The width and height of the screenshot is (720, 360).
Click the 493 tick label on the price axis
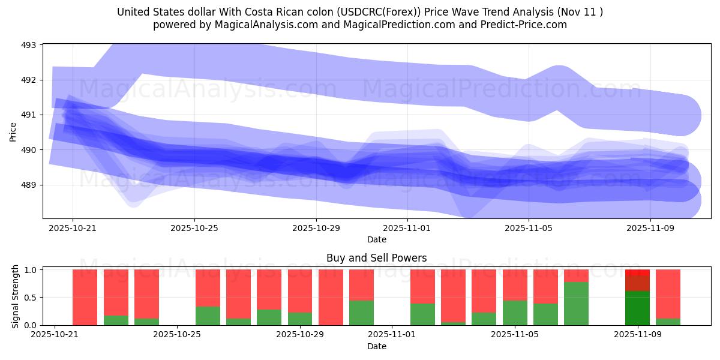[x=28, y=45]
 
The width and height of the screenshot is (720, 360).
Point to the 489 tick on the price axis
[x=28, y=185]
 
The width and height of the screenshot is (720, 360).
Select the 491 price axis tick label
[x=28, y=115]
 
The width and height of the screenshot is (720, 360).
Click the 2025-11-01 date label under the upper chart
[x=407, y=228]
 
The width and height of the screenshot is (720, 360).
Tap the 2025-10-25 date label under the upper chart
[x=194, y=228]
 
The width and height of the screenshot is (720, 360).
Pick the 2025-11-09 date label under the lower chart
[x=637, y=335]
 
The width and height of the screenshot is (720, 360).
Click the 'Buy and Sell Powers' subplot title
[x=376, y=258]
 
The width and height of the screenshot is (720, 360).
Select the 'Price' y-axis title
[x=13, y=131]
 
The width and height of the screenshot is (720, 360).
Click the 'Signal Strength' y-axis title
[x=16, y=298]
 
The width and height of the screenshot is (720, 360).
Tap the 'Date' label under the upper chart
[x=376, y=239]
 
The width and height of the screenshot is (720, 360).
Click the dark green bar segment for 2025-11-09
[x=637, y=308]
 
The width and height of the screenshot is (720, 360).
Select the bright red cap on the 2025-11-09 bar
[x=637, y=272]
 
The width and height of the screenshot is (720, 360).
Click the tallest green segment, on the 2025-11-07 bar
[x=576, y=304]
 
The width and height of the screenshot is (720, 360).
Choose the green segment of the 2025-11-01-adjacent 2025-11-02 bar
[x=422, y=314]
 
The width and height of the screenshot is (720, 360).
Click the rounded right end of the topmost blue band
[x=684, y=115]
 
